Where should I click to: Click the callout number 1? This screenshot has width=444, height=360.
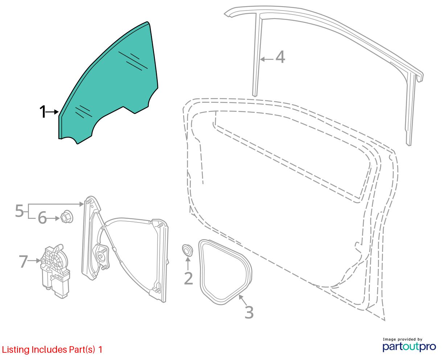(43, 112)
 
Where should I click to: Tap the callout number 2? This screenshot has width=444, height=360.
(188, 278)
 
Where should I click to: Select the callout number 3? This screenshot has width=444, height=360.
(249, 312)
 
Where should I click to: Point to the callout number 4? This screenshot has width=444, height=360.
(280, 57)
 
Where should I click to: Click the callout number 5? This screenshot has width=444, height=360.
(20, 210)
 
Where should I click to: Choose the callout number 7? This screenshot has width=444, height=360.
(23, 261)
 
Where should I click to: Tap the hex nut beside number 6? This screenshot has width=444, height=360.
(66, 217)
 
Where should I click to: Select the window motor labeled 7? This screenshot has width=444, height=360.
(55, 271)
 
